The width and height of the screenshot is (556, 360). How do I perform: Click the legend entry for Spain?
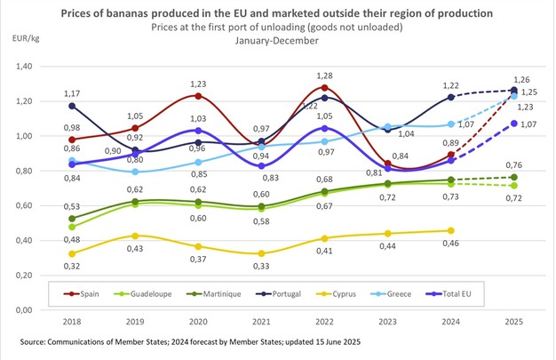(x=88, y=291)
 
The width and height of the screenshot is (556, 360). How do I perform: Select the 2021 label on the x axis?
(x=263, y=322)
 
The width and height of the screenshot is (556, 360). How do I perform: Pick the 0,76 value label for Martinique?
(x=513, y=163)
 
